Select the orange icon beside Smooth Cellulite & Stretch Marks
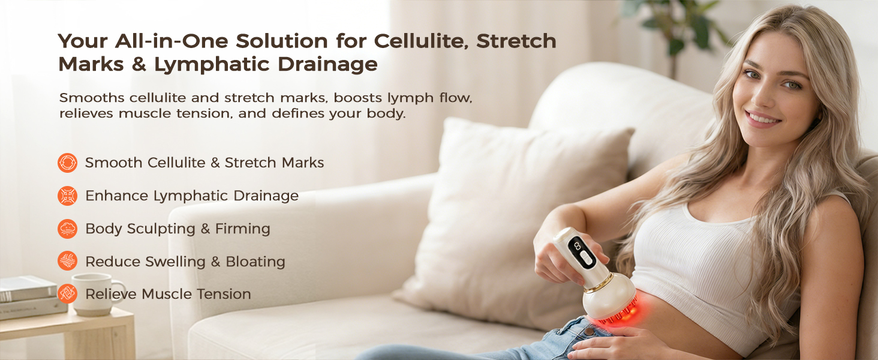tap(67, 163)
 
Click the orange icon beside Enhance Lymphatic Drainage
tap(67, 196)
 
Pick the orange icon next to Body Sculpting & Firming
tap(67, 229)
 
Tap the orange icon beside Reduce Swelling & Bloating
tap(67, 261)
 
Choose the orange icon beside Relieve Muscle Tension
tap(67, 293)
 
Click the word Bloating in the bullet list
tap(255, 262)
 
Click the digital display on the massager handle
tap(576, 245)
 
